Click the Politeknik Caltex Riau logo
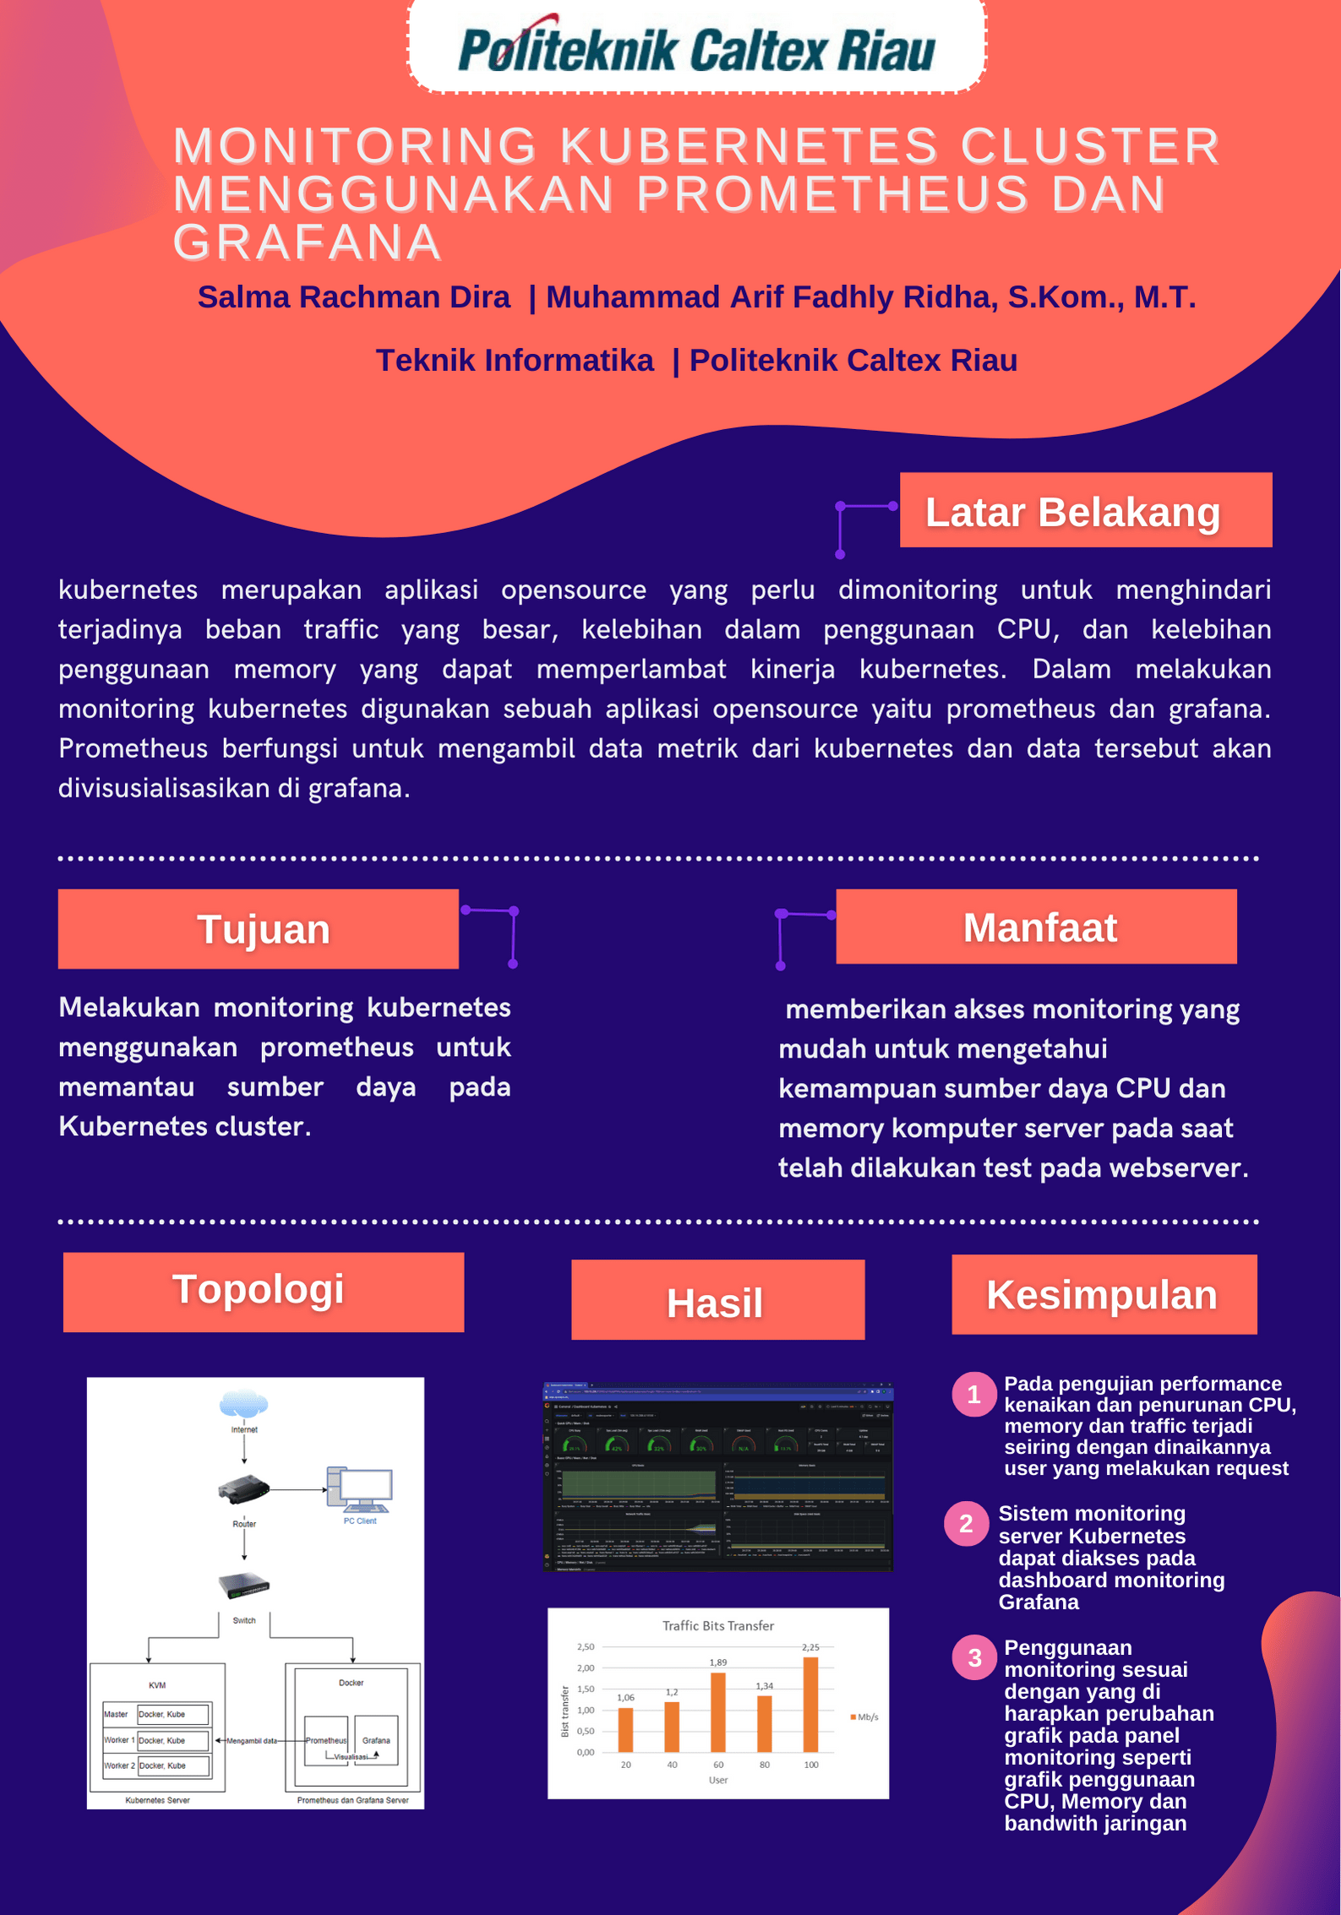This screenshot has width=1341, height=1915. point(696,48)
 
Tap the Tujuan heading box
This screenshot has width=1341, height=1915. point(259,928)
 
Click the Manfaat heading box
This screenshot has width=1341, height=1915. point(1036,927)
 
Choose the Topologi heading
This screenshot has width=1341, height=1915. point(263,1291)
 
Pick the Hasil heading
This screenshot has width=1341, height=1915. point(717,1300)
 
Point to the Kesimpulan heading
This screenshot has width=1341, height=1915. point(1104,1294)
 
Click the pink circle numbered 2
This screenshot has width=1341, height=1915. point(966,1523)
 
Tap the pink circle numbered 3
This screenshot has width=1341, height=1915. point(974,1657)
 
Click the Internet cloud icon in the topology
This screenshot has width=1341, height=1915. point(243,1404)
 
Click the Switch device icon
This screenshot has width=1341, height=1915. point(243,1586)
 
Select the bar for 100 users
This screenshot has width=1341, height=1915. point(810,1704)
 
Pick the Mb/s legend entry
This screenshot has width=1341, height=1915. point(864,1716)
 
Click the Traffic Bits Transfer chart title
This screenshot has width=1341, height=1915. point(718,1625)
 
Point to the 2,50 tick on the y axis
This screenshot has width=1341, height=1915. point(586,1647)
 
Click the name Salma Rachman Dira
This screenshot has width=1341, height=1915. point(354,297)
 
